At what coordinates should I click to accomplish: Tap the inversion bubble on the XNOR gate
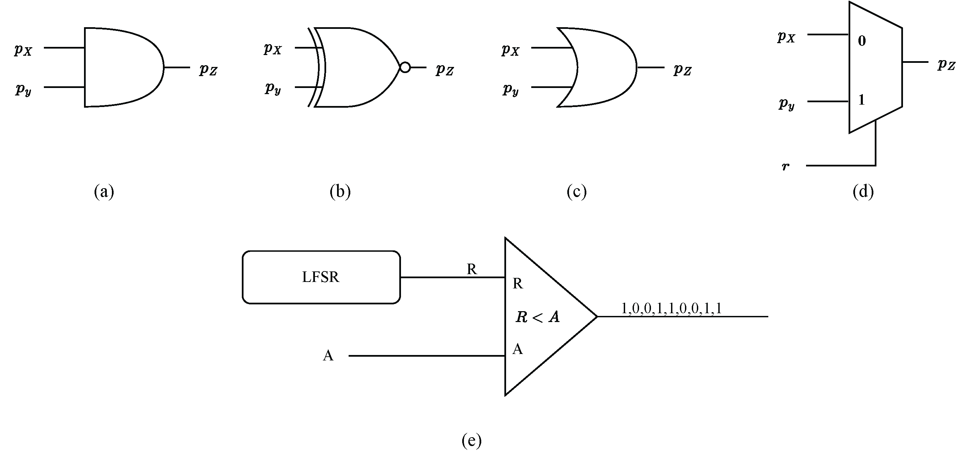click(x=405, y=67)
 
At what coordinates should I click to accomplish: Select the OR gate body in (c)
click(x=603, y=67)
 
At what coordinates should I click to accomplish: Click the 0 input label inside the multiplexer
click(x=862, y=41)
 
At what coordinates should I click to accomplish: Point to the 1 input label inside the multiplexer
click(x=861, y=100)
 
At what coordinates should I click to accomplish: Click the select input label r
click(x=786, y=166)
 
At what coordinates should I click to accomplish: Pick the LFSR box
click(x=321, y=277)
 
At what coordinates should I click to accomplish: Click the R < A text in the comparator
click(x=537, y=317)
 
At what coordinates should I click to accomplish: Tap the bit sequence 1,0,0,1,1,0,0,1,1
click(x=671, y=309)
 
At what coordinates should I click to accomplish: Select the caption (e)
click(x=471, y=440)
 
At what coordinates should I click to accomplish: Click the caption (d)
click(x=863, y=191)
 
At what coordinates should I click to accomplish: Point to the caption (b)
click(x=340, y=191)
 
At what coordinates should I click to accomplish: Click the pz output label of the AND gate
click(x=208, y=70)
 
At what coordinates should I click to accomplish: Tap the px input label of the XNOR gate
click(x=272, y=49)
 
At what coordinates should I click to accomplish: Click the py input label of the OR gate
click(x=511, y=90)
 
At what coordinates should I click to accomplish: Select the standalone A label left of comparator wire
click(x=328, y=356)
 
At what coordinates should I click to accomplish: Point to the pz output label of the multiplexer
click(x=946, y=65)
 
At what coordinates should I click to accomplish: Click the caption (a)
click(x=104, y=191)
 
